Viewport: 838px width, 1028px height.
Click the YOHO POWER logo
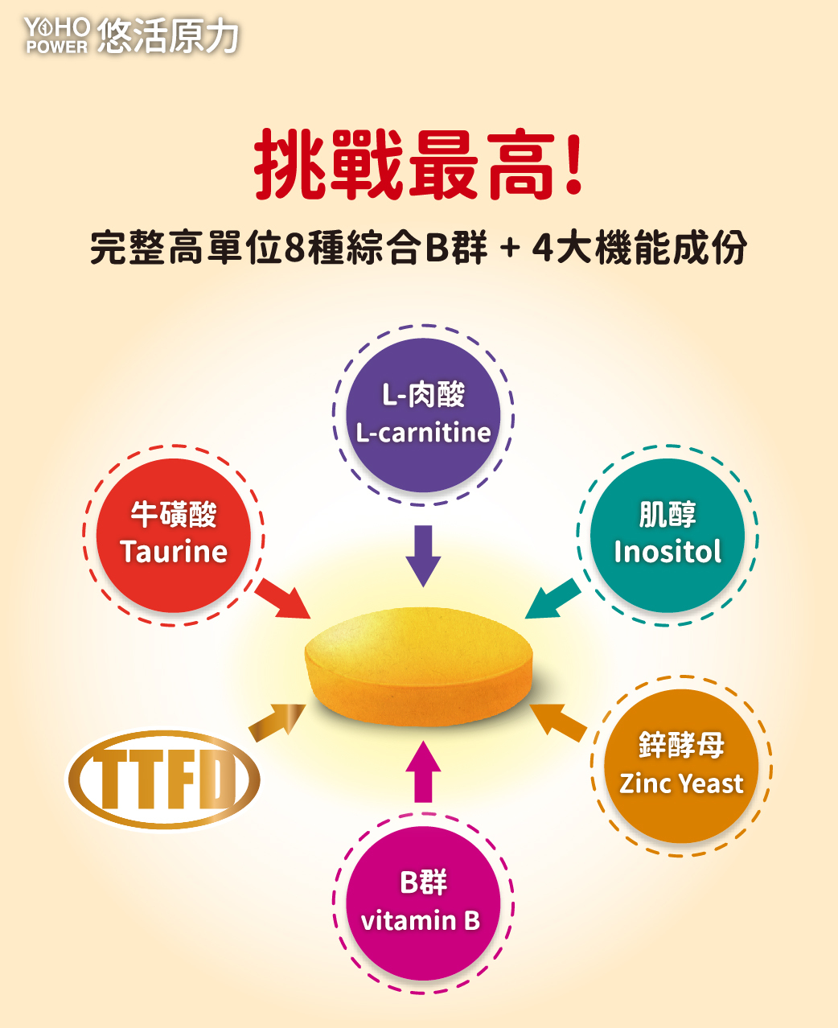pyautogui.click(x=56, y=35)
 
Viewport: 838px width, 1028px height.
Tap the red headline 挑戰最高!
pyautogui.click(x=418, y=166)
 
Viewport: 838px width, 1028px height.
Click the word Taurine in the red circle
pyautogui.click(x=174, y=552)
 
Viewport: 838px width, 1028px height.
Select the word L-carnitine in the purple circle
pyautogui.click(x=423, y=433)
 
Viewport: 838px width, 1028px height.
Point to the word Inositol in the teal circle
pyautogui.click(x=668, y=552)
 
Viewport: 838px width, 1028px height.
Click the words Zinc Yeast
pyautogui.click(x=681, y=783)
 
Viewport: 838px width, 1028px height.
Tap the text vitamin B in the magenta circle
pyautogui.click(x=421, y=919)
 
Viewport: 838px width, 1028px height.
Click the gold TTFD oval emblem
pyautogui.click(x=163, y=779)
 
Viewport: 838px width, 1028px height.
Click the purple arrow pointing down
pyautogui.click(x=423, y=555)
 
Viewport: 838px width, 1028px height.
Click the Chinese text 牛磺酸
pyautogui.click(x=174, y=514)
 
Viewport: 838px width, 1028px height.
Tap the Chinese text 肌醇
pyautogui.click(x=668, y=514)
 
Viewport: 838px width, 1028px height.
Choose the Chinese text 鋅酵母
pyautogui.click(x=681, y=745)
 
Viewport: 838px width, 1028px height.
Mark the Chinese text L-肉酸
pyautogui.click(x=423, y=395)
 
